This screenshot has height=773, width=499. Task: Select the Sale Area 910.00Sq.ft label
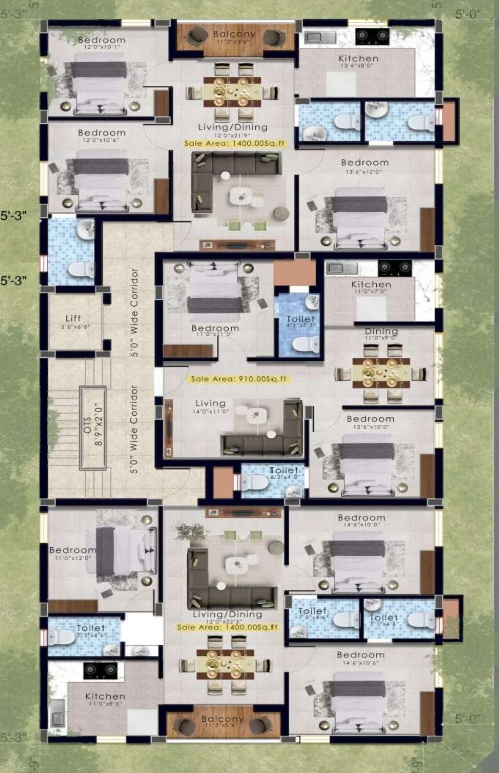pyautogui.click(x=238, y=379)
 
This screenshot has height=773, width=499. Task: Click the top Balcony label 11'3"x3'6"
pyautogui.click(x=234, y=36)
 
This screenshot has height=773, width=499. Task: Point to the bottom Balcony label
pyautogui.click(x=223, y=720)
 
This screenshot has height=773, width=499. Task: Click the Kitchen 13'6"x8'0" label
pyautogui.click(x=358, y=61)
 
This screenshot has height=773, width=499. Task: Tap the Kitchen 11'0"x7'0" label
pyautogui.click(x=371, y=286)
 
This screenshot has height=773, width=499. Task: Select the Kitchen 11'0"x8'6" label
pyautogui.click(x=105, y=698)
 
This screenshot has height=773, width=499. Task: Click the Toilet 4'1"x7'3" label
pyautogui.click(x=300, y=321)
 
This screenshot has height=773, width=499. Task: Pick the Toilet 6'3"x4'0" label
pyautogui.click(x=284, y=472)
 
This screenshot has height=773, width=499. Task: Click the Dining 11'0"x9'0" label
pyautogui.click(x=381, y=333)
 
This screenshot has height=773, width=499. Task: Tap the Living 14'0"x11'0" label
pyautogui.click(x=211, y=405)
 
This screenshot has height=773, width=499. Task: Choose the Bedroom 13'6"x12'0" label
pyautogui.click(x=365, y=165)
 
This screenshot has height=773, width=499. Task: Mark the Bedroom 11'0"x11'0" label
pyautogui.click(x=215, y=330)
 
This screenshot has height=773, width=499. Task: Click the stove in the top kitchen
pyautogui.click(x=372, y=36)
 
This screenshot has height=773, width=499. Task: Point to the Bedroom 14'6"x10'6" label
pyautogui.click(x=361, y=657)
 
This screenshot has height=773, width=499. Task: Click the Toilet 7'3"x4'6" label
pyautogui.click(x=90, y=630)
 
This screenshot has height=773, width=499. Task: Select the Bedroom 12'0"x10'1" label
pyautogui.click(x=102, y=42)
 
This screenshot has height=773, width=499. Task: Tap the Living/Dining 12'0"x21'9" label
pyautogui.click(x=233, y=129)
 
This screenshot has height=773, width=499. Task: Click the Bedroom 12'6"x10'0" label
pyautogui.click(x=371, y=421)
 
